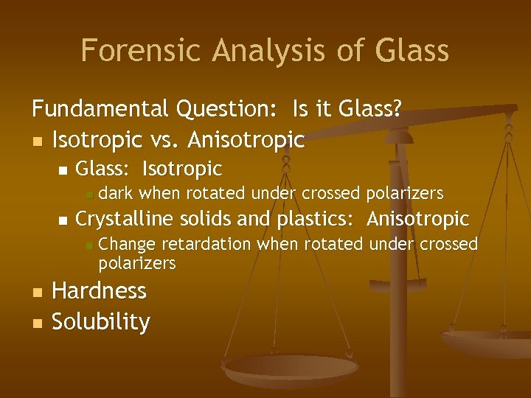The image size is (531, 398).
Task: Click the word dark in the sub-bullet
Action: point(117,194)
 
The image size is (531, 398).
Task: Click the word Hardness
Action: point(100,291)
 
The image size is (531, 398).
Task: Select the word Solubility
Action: point(101,322)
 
